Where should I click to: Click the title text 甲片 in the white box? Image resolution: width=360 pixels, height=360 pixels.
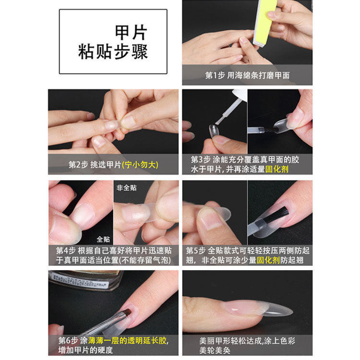[131, 33]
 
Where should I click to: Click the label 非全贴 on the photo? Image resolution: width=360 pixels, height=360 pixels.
[126, 187]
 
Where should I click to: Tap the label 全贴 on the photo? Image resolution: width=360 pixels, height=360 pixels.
[103, 238]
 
